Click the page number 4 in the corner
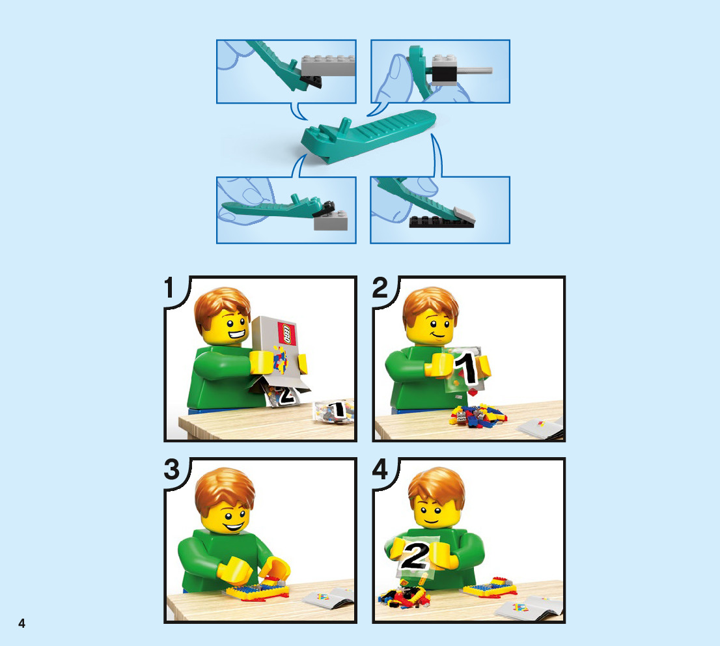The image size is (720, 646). [21, 623]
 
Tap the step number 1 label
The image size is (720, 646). [169, 288]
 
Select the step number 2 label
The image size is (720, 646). [380, 288]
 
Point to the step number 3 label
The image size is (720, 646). [172, 469]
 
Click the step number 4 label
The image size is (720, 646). [380, 469]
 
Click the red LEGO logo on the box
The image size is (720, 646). [286, 333]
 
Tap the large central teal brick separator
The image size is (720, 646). [367, 135]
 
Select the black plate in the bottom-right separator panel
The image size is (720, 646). [441, 221]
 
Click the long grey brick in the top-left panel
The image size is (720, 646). [328, 66]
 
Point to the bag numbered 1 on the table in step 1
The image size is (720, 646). [335, 411]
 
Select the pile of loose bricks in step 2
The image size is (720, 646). [478, 415]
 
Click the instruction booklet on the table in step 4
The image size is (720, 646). [528, 608]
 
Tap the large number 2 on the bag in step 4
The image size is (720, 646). [415, 556]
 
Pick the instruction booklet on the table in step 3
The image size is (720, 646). [328, 597]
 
